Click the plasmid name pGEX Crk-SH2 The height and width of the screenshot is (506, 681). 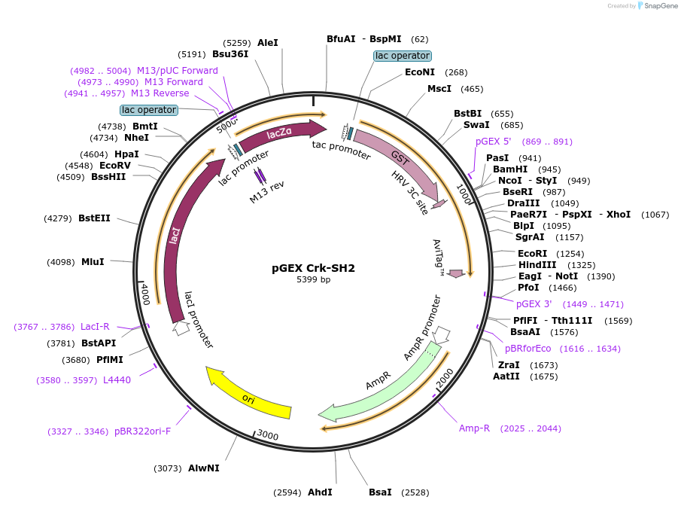point(313,268)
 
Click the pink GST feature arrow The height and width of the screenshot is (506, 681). point(399,157)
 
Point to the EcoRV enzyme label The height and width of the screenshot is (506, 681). point(115,165)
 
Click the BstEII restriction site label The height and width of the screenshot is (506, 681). point(94,218)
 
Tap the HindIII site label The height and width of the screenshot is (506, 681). point(537,265)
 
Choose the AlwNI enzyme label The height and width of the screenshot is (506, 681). point(203,468)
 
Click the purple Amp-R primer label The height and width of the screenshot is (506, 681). point(474,428)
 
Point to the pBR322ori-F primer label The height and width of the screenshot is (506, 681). point(142,431)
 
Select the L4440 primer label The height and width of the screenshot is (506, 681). point(117,380)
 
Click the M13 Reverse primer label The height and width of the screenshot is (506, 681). point(160,93)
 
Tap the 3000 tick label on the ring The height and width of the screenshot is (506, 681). point(268,434)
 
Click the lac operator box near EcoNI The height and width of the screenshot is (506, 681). point(403,56)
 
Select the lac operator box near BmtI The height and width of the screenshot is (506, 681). point(149,110)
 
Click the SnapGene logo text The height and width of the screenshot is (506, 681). point(661,6)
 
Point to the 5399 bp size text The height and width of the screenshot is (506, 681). point(313,280)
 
